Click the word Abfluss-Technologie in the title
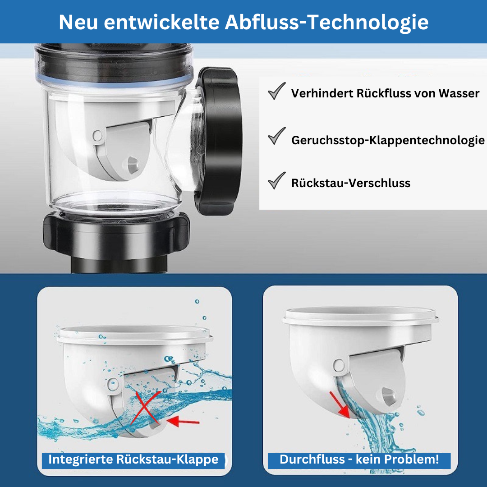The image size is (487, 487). pyautogui.click(x=326, y=23)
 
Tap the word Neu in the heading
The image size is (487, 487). pyautogui.click(x=78, y=23)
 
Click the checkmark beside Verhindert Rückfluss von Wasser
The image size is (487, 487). pyautogui.click(x=276, y=91)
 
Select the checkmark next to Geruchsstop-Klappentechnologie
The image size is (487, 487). pyautogui.click(x=276, y=136)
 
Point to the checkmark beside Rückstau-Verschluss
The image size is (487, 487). pyautogui.click(x=276, y=180)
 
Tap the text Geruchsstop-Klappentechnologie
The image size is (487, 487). pyautogui.click(x=388, y=140)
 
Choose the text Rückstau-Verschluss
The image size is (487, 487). pyautogui.click(x=351, y=183)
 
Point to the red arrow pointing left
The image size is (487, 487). pyautogui.click(x=183, y=421)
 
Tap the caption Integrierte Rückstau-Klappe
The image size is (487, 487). pyautogui.click(x=133, y=459)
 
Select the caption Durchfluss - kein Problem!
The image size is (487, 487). pyautogui.click(x=359, y=459)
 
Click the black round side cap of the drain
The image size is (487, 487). pyautogui.click(x=219, y=141)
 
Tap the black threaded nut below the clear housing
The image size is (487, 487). pyautogui.click(x=116, y=231)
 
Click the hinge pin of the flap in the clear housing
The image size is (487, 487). pyautogui.click(x=97, y=136)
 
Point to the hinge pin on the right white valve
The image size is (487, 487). pyautogui.click(x=339, y=366)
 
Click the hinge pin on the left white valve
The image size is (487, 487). pyautogui.click(x=113, y=384)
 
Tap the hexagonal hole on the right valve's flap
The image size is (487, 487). pyautogui.click(x=387, y=396)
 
